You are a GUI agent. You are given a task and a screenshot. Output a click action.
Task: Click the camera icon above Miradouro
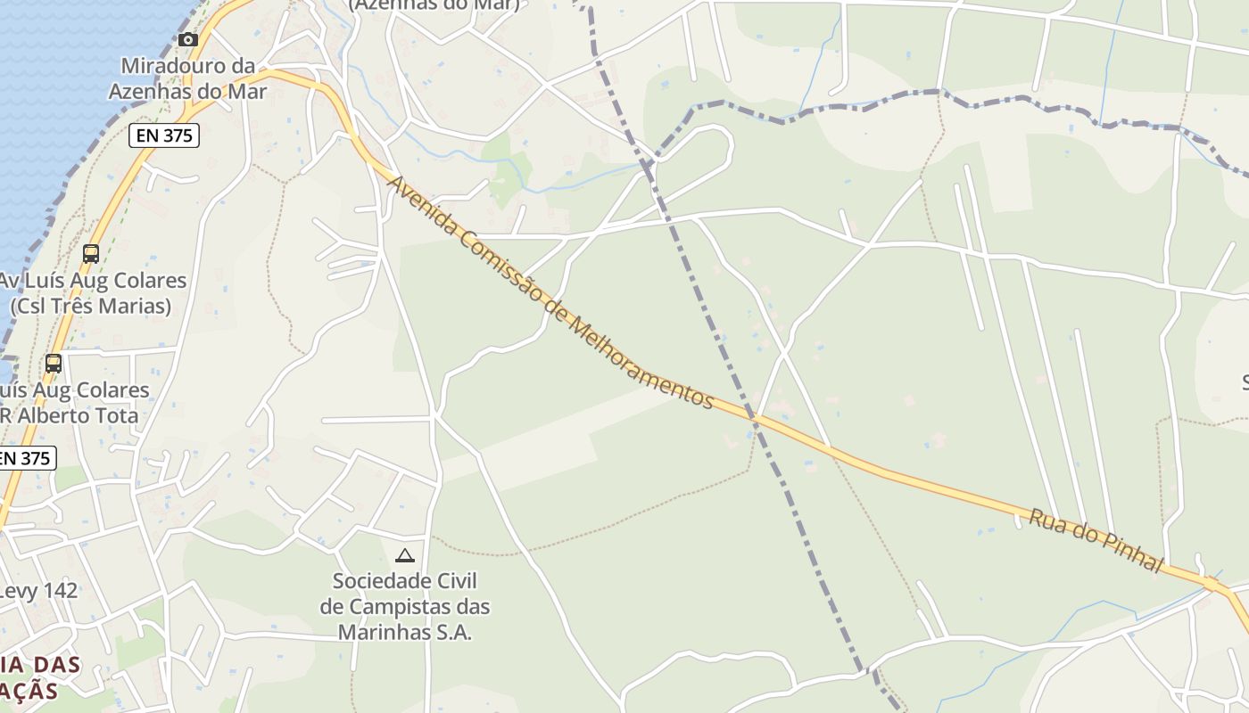point(187,39)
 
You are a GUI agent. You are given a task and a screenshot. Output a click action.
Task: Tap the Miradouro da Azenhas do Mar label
point(187,78)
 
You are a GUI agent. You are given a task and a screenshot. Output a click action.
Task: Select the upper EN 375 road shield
point(163,135)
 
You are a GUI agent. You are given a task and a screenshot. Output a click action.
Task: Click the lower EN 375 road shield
point(25,458)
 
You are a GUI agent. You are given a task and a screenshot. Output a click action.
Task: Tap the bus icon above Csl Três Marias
point(90,254)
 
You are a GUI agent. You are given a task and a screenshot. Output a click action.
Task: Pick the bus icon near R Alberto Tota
point(54,364)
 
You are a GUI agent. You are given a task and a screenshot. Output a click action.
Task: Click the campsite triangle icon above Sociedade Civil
point(405,556)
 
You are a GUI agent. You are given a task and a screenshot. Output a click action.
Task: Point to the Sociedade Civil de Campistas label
point(405,606)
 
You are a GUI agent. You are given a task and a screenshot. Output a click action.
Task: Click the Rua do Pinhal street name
point(1096,540)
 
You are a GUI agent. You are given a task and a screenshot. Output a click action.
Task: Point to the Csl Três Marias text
point(90,306)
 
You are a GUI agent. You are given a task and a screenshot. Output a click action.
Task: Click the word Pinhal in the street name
point(1132,553)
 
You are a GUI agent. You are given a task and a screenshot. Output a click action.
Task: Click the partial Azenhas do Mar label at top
point(434,5)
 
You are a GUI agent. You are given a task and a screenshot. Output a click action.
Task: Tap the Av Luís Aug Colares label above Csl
point(93,280)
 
